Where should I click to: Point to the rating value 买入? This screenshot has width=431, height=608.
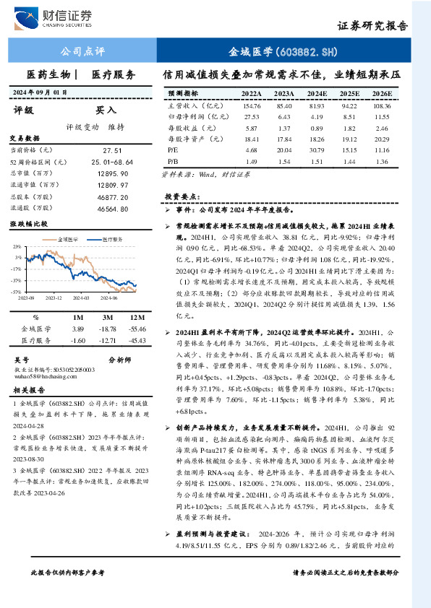pyautogui.click(x=106, y=110)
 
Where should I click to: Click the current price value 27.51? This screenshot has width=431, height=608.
pyautogui.click(x=112, y=149)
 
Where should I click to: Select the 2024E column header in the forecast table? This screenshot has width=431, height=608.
pyautogui.click(x=315, y=93)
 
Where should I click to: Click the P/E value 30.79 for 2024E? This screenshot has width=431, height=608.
pyautogui.click(x=315, y=149)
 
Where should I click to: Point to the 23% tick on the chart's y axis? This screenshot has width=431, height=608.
pyautogui.click(x=17, y=246)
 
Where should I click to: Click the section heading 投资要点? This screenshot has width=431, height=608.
pyautogui.click(x=180, y=196)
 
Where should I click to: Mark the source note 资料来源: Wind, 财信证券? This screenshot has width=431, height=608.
pyautogui.click(x=200, y=174)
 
